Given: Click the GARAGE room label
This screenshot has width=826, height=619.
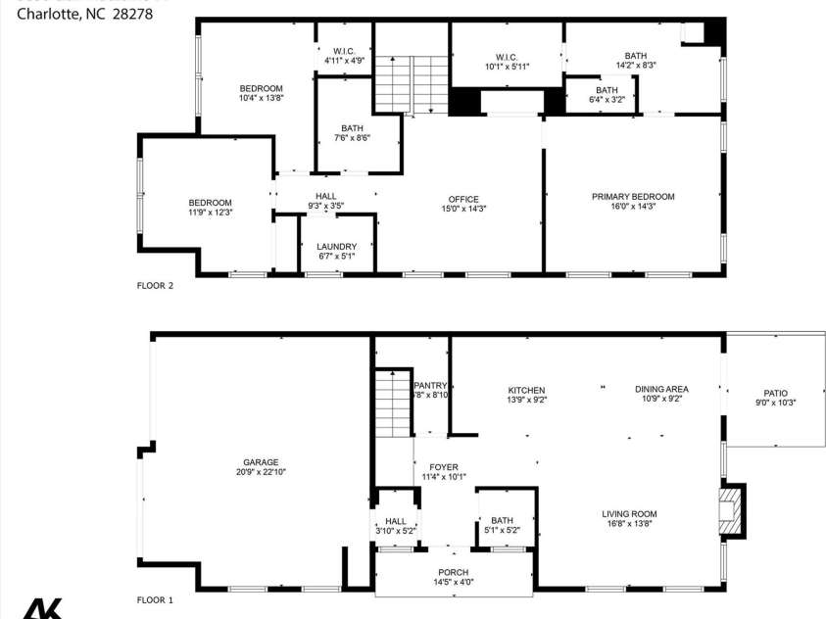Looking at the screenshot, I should pos(261,462).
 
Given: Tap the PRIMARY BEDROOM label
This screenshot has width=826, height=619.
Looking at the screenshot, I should pos(633,197).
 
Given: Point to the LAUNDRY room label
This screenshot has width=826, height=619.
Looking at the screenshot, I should pos(336,247).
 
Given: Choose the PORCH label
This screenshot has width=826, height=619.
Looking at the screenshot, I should pos(453,572).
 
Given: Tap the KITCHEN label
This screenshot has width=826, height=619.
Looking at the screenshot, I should pos(526,390).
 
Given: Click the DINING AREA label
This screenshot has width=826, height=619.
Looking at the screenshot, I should pos(661,390).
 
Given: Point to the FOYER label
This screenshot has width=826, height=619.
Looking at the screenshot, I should pos(444,467).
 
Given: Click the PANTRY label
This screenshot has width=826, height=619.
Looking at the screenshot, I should pos(430,386).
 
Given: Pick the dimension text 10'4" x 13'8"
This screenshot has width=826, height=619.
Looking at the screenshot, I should pos(261,98).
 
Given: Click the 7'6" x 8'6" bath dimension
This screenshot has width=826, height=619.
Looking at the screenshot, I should pos(352,138).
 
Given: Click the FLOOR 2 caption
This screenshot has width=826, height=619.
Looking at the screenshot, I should pos(155,286).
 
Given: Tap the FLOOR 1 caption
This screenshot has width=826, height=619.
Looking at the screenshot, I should pos(155,599).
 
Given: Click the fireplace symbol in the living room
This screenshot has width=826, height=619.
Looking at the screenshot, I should pos(728,510).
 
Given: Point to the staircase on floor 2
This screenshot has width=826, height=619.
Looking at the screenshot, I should pos(410,84).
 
